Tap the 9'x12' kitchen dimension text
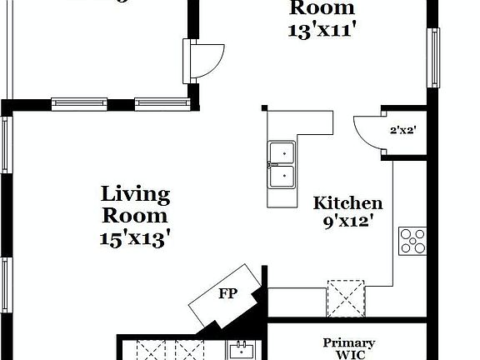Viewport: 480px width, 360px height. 347,222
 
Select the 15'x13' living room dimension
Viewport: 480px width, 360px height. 135,237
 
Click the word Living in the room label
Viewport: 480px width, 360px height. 135,196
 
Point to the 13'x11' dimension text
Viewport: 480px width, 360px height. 322,30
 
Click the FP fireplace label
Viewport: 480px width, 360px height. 227,294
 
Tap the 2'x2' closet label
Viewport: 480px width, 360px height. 403,130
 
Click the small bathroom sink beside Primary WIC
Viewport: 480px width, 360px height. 242,350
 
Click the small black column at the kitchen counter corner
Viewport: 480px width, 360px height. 264,108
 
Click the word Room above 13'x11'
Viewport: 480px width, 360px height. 322,9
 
